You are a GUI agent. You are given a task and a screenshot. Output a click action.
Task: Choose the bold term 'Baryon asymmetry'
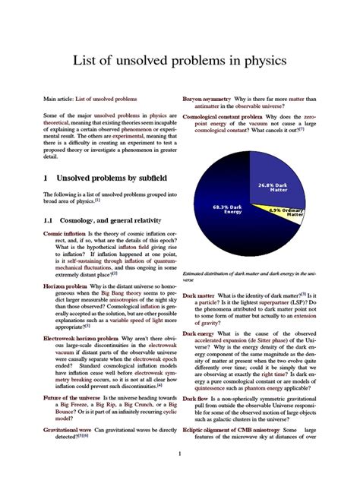[208, 99]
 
